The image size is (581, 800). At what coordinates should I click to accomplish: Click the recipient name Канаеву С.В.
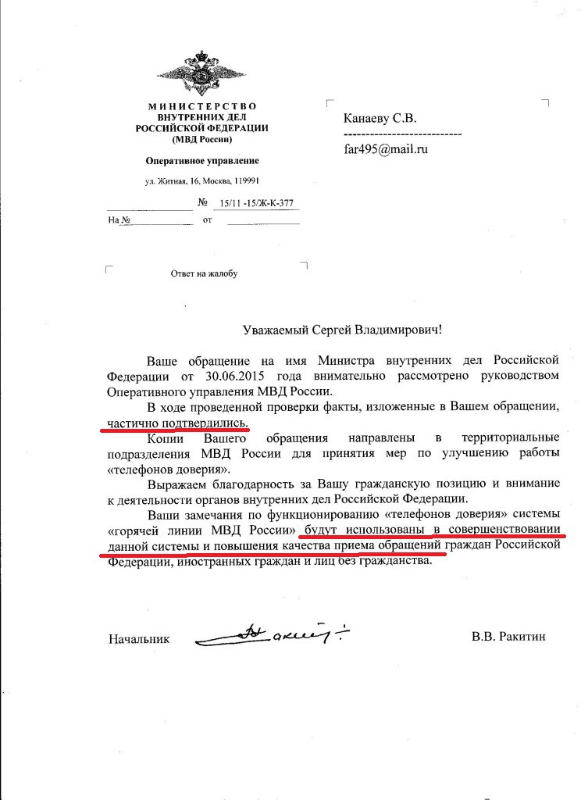(380, 118)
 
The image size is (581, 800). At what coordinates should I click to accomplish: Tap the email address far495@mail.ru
(386, 148)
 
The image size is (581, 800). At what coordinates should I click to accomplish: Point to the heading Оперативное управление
(202, 161)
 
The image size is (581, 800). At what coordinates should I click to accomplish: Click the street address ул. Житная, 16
(176, 182)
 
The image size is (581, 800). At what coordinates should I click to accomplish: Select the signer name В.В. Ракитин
(508, 637)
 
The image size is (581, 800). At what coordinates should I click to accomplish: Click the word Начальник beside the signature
(139, 638)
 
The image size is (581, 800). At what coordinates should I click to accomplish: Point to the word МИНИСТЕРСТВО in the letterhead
(202, 105)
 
